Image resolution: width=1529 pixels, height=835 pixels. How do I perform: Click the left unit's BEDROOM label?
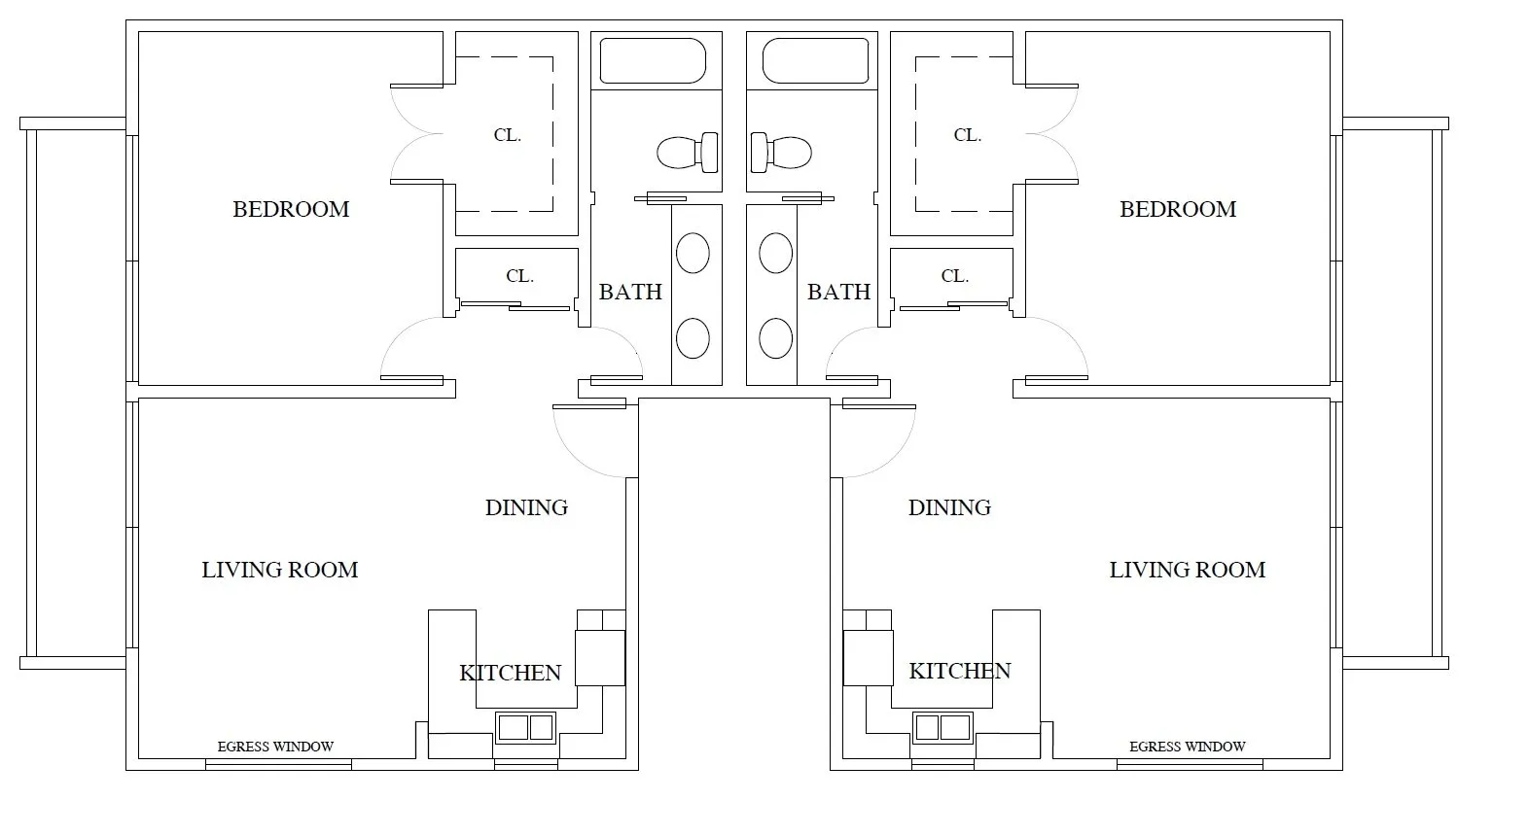291,209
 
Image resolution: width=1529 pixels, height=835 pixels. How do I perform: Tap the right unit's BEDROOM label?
1178,209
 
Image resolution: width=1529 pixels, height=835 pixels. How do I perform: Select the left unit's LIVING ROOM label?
280,570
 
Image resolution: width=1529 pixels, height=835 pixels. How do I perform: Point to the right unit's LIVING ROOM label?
1187,570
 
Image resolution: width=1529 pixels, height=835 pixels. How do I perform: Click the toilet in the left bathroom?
688,153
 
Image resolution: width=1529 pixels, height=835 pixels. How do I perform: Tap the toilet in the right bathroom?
781,153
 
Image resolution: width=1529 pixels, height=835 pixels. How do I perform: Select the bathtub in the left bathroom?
653,60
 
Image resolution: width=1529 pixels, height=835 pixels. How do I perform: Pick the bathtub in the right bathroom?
815,60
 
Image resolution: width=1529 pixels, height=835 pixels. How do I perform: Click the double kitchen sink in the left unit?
525,728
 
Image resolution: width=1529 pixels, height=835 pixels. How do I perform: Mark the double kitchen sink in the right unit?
942,728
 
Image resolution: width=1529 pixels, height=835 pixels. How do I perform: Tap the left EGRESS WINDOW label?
275,747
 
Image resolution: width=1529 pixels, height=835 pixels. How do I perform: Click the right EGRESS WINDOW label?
1187,747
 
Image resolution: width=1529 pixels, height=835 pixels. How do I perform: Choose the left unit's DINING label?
526,507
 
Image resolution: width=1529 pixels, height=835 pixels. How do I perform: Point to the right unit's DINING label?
949,507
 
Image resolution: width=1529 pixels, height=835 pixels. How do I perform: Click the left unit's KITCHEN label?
510,674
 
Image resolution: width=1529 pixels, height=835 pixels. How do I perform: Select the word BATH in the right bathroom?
838,292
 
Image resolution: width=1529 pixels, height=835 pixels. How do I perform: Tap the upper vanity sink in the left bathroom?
693,253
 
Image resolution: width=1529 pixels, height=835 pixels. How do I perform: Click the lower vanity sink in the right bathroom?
775,337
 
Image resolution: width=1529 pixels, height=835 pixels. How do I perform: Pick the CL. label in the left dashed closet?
507,135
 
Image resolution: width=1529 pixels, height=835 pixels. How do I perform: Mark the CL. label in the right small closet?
954,276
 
